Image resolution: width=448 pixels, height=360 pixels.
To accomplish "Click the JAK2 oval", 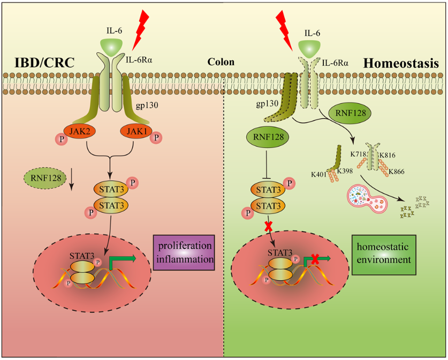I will coord(79,131).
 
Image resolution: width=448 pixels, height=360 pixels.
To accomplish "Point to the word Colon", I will coord(221,62).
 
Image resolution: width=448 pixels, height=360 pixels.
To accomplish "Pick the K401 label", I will coord(320,174).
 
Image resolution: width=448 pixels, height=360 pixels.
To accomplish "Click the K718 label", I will coord(358,155).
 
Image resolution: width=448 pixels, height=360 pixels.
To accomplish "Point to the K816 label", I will coord(388,155).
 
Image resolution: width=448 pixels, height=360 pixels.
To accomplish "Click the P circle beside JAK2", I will coord(59,140).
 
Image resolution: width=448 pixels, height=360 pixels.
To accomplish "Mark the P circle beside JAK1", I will coord(156,139).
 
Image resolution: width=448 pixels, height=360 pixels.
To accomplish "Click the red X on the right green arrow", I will coord(315,259).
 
